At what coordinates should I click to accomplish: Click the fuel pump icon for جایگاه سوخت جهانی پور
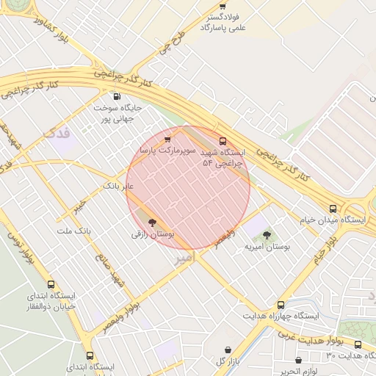[116, 96]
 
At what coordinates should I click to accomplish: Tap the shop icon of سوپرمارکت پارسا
[167, 138]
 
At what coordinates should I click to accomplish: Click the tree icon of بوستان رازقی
[152, 221]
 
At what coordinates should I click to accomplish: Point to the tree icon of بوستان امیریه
[267, 235]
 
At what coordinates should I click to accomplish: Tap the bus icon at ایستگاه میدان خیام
[333, 209]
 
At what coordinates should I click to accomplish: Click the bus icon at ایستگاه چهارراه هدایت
[281, 305]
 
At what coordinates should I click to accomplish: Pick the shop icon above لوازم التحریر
[298, 360]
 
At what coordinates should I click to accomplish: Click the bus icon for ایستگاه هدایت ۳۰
[358, 344]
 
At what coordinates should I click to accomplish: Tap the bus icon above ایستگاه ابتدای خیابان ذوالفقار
[51, 284]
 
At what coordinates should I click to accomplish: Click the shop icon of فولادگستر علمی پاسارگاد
[223, 7]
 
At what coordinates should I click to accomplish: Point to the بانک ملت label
[73, 231]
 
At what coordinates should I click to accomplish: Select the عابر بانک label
[119, 186]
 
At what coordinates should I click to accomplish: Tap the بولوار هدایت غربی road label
[312, 339]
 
